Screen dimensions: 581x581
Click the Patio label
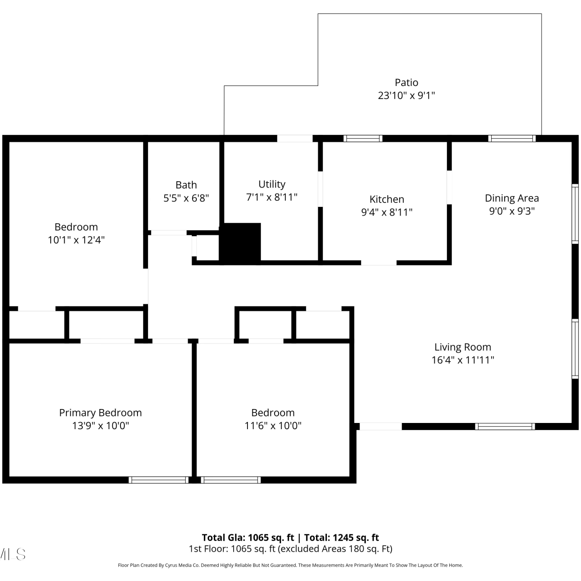406,83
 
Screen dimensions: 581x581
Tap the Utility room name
272,184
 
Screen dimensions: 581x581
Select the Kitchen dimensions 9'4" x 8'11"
387,212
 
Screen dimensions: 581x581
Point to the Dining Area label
512,198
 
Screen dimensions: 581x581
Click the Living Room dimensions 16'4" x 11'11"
463,360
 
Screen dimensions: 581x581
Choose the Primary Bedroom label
100,413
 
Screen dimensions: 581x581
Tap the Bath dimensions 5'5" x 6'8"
186,198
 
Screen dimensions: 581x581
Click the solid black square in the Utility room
240,243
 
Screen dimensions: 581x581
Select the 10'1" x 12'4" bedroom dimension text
76,240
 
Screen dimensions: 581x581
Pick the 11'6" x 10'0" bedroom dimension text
273,426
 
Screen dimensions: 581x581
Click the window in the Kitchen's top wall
363,139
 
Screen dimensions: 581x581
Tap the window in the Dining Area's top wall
512,139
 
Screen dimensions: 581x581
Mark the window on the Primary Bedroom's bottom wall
158,480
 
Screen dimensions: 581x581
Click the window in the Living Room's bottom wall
505,426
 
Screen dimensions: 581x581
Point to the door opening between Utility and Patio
295,139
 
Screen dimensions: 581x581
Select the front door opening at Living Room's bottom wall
381,426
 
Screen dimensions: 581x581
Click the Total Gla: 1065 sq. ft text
248,538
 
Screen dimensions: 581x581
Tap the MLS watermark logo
13,554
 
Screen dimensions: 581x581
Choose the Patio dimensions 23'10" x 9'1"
406,95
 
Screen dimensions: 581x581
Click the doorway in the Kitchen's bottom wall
379,263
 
